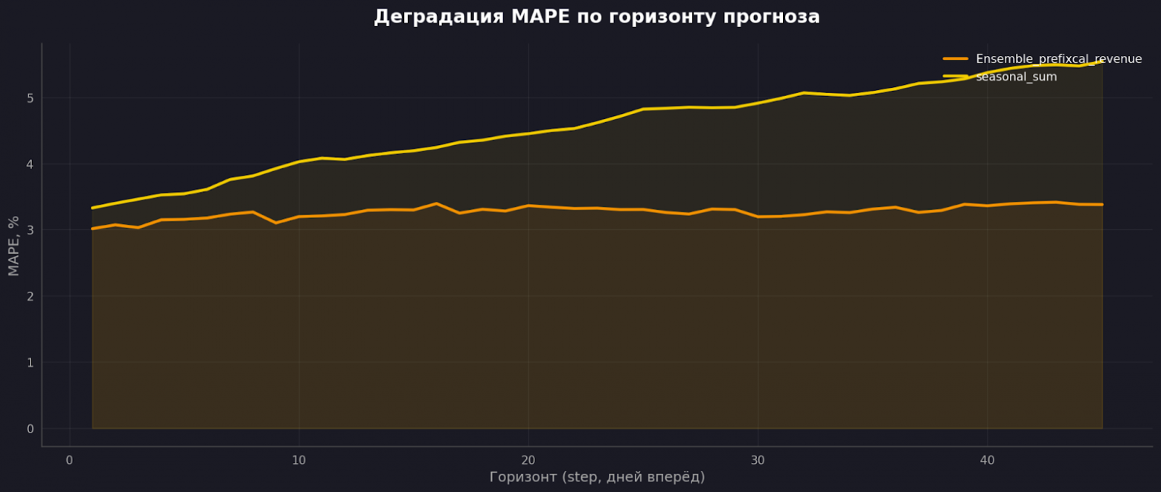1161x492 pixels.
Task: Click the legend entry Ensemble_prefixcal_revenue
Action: (1058, 59)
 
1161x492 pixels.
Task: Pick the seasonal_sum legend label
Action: (1016, 77)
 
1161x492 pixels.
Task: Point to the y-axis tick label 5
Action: (30, 98)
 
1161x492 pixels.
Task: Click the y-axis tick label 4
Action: (30, 164)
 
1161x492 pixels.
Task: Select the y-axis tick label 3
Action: (30, 231)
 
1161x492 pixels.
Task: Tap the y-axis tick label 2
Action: (30, 296)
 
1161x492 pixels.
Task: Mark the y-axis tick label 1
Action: (30, 362)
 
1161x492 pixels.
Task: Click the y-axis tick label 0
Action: (30, 429)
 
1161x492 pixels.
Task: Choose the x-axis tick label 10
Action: (298, 460)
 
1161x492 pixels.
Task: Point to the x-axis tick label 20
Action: (528, 460)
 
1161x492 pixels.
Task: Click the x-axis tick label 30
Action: (758, 460)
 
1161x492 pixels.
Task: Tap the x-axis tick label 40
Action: (987, 460)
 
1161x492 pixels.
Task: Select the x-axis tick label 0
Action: (69, 460)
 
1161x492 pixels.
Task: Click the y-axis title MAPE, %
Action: (13, 246)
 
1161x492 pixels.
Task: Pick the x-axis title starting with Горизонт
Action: (597, 477)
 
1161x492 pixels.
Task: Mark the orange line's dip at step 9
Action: (276, 223)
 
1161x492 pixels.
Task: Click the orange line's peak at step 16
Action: (436, 203)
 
